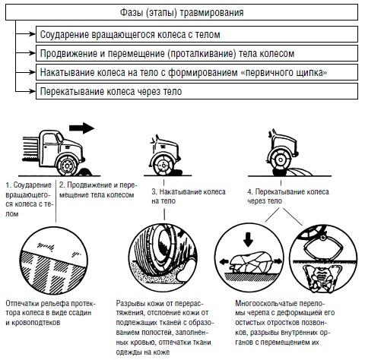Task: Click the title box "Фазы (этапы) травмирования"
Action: [182, 12]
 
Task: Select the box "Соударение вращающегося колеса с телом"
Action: [197, 34]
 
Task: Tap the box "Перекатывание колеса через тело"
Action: [197, 91]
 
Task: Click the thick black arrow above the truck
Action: [81, 128]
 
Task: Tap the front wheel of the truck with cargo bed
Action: [67, 166]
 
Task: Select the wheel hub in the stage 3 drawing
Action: [162, 165]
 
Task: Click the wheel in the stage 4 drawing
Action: [281, 160]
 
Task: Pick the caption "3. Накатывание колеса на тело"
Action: [189, 196]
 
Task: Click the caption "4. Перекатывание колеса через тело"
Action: [288, 196]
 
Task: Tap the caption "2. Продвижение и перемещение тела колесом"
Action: [98, 190]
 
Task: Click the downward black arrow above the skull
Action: [248, 239]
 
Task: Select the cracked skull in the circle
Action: [251, 262]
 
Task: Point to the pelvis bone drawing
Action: [320, 279]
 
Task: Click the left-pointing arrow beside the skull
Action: [224, 261]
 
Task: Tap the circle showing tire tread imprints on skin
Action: [54, 259]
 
